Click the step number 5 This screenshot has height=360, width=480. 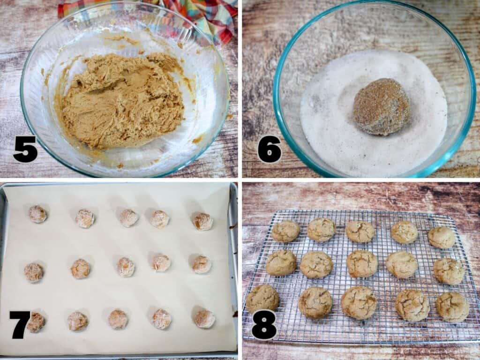tap(25, 149)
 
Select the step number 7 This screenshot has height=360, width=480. tap(20, 324)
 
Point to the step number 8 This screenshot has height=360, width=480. tap(263, 324)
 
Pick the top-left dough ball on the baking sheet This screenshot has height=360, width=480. tap(37, 214)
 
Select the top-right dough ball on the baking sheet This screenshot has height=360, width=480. tap(203, 221)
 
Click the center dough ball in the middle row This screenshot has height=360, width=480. tap(126, 267)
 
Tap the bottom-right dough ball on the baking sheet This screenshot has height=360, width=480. tap(204, 319)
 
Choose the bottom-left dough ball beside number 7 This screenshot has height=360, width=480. tap(36, 322)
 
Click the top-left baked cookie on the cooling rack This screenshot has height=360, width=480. tap(285, 231)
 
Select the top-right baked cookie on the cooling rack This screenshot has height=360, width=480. tap(441, 237)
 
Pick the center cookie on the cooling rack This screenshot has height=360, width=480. tap(362, 264)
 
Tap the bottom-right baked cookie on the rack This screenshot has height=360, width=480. tap(452, 307)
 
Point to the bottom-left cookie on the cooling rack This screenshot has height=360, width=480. tap(262, 298)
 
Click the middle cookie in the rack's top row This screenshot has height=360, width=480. tap(360, 232)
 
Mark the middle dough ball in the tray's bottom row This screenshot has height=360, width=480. tap(118, 319)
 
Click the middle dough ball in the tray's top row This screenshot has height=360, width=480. tap(128, 218)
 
